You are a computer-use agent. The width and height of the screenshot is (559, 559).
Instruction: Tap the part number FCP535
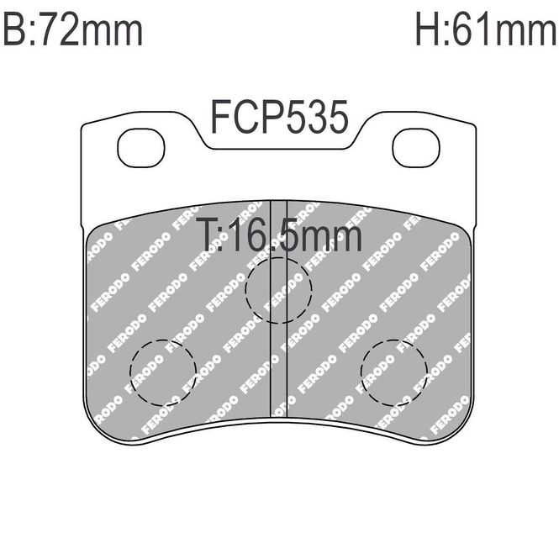point(279,117)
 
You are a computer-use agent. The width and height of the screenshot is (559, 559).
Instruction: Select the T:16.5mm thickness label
point(279,234)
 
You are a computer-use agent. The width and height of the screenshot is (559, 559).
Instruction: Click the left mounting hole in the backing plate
point(141,148)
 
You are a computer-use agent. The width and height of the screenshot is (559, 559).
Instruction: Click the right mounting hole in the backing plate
point(416,148)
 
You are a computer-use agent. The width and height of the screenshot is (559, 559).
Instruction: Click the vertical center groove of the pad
point(279,309)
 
